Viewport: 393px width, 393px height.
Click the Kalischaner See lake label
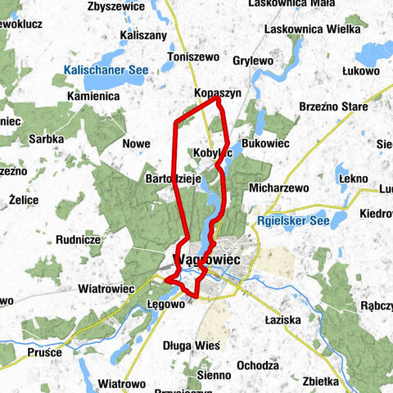point(106,71)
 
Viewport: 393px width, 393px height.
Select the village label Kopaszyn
point(218,94)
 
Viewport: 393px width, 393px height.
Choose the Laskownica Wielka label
point(312,30)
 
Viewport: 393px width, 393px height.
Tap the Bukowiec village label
point(266,142)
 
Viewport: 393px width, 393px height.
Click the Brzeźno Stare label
point(335,106)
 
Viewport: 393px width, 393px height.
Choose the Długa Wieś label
point(192,346)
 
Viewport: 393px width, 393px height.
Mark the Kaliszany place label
point(143,35)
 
